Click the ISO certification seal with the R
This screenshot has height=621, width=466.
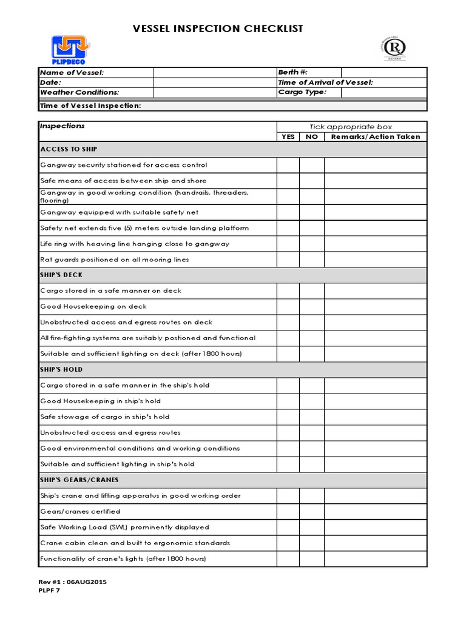click(395, 48)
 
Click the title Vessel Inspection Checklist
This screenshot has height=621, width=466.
click(218, 29)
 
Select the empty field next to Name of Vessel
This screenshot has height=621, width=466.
click(214, 72)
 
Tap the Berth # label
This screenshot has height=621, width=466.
click(293, 72)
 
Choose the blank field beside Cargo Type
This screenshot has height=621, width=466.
click(383, 92)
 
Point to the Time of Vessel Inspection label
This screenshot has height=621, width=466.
click(90, 106)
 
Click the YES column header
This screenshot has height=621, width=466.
click(288, 136)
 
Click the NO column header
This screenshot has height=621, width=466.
click(311, 136)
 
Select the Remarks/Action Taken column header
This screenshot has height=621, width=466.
click(375, 136)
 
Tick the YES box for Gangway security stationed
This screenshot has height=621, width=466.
click(288, 165)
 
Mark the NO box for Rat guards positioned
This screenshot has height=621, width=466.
click(311, 260)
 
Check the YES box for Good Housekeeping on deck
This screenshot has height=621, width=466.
click(288, 306)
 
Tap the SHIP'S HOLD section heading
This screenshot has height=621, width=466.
click(61, 369)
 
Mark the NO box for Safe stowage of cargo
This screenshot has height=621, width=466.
click(311, 417)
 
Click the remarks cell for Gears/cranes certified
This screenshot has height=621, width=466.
click(375, 511)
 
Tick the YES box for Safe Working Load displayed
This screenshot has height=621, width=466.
click(288, 527)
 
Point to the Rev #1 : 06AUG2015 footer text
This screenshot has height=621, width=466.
click(73, 582)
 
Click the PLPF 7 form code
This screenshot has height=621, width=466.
click(50, 591)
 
